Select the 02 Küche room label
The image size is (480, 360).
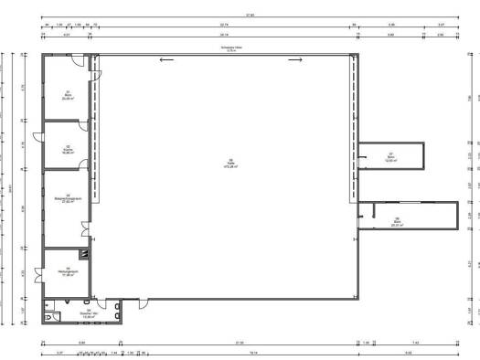pyautogui.click(x=68, y=151)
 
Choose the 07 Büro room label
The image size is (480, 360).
pyautogui.click(x=390, y=156)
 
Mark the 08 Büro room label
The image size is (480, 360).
pyautogui.click(x=397, y=220)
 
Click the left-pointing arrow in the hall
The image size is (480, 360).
pyautogui.click(x=165, y=60)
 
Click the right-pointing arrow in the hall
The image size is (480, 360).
pyautogui.click(x=295, y=60)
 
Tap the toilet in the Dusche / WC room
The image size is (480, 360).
pyautogui.click(x=58, y=316)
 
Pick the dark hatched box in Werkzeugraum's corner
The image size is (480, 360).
pyautogui.click(x=84, y=256)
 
